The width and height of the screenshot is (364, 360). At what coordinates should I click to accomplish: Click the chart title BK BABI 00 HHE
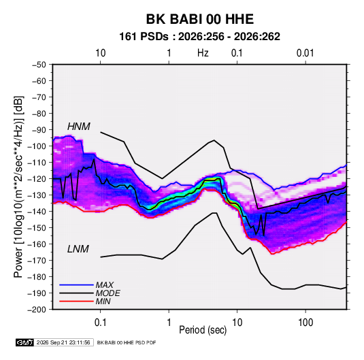click(199, 19)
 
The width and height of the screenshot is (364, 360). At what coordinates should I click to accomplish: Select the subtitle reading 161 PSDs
click(144, 37)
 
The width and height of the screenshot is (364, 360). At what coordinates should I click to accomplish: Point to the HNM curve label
click(79, 127)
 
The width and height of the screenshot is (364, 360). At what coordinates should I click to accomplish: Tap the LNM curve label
click(78, 249)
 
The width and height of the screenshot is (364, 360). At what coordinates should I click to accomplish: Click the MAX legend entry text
click(105, 285)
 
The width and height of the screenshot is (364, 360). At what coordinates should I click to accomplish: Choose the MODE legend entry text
click(107, 293)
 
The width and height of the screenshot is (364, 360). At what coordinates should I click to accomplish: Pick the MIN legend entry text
click(103, 301)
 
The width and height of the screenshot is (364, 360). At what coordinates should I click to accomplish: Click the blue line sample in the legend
click(76, 285)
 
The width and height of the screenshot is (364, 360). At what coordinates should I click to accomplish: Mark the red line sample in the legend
click(76, 301)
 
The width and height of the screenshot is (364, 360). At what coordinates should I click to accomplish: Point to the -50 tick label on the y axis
click(39, 65)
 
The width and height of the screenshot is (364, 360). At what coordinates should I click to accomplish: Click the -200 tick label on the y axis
click(37, 310)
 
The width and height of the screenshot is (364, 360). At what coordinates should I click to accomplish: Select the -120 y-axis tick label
click(37, 179)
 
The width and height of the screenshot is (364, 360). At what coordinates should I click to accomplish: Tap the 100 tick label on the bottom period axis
click(305, 323)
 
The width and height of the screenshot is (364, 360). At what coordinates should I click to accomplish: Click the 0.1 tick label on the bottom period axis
click(100, 323)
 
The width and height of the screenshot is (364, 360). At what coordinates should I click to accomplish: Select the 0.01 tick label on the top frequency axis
click(305, 53)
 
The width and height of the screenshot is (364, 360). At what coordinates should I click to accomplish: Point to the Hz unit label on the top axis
click(203, 53)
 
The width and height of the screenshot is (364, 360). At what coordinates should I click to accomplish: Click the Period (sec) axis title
click(203, 330)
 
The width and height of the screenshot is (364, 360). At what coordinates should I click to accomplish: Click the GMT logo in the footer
click(24, 342)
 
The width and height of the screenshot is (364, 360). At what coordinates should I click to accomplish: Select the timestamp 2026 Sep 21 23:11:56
click(63, 342)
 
